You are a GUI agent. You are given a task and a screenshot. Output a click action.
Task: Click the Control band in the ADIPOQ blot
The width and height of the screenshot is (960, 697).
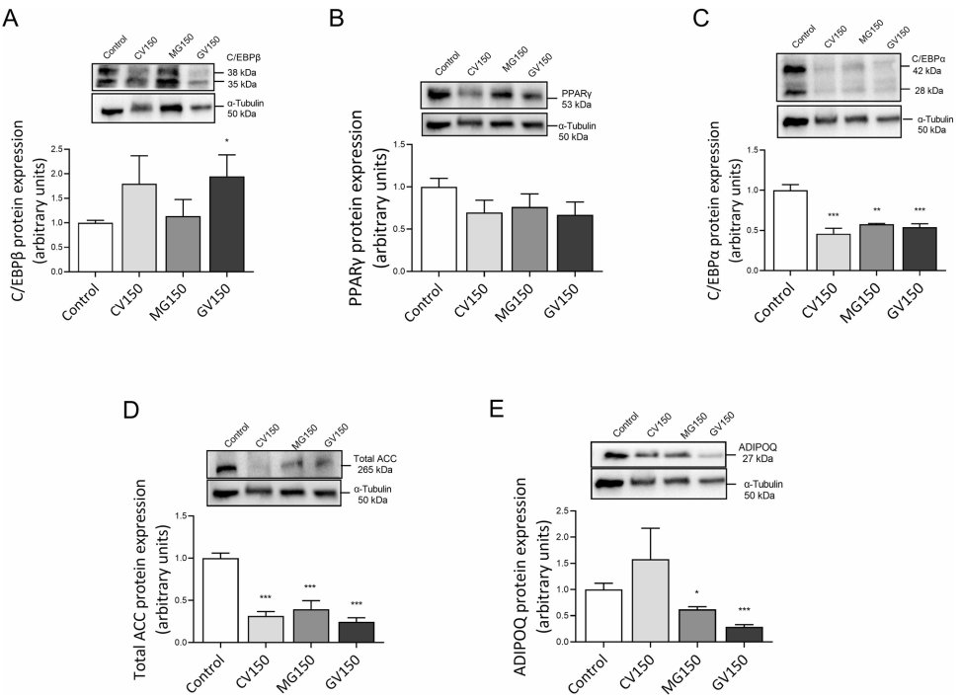617,455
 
